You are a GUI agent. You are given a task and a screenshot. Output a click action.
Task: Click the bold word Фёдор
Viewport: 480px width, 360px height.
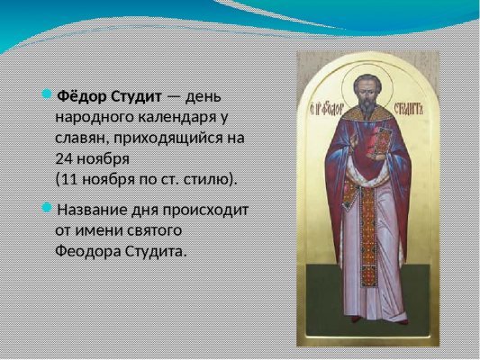82,95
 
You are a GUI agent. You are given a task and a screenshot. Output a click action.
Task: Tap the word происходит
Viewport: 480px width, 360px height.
208,210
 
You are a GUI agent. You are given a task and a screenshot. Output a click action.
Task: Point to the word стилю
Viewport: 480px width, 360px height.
214,179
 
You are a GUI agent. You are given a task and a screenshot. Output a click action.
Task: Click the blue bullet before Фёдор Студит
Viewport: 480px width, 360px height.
48,94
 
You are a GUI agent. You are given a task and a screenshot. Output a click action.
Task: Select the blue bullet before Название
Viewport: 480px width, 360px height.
48,208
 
